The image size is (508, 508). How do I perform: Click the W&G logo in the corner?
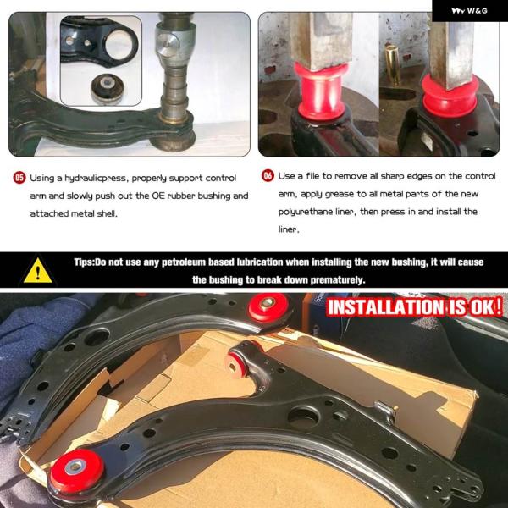(469, 11)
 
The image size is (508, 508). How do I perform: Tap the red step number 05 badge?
(19, 178)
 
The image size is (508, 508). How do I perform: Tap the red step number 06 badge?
(268, 175)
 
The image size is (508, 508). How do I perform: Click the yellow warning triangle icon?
(38, 271)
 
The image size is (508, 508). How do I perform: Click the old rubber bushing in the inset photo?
(107, 88)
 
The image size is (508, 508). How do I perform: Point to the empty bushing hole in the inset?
(119, 45)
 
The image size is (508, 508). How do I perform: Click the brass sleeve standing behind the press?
(392, 64)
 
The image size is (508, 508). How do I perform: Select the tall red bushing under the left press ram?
(322, 91)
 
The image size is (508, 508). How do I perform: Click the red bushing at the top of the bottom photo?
(268, 307)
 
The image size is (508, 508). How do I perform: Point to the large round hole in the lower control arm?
(304, 417)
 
